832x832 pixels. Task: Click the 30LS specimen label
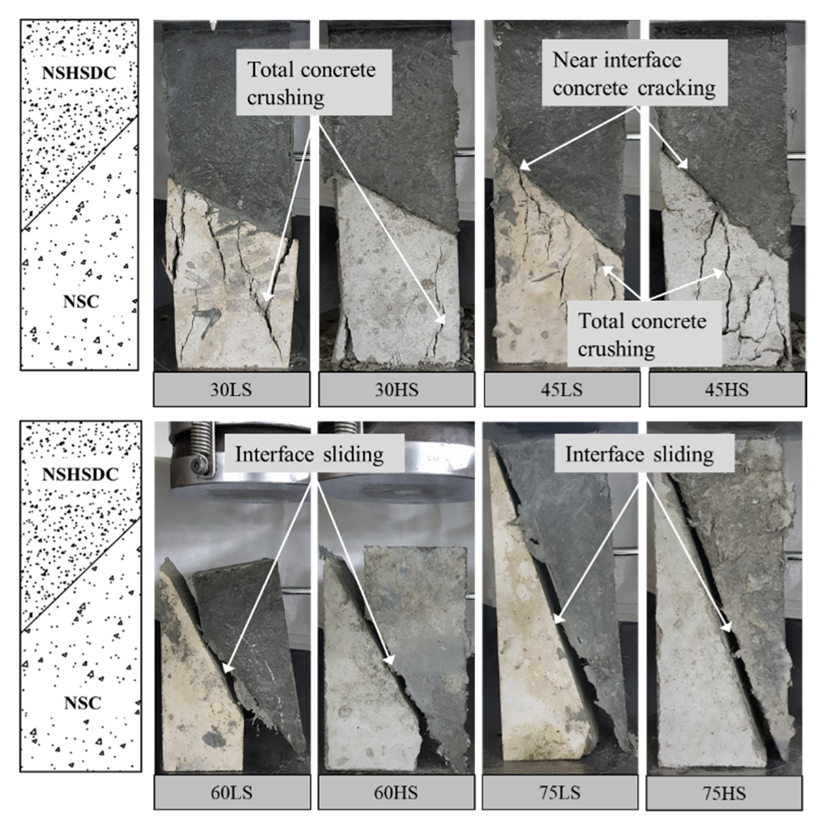(232, 390)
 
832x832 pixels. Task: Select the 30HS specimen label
(397, 390)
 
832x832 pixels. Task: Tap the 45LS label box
(561, 390)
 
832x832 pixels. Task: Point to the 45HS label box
(727, 390)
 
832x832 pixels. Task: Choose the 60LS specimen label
(232, 792)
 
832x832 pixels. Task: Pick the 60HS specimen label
(396, 792)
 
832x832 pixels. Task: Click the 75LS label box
(560, 792)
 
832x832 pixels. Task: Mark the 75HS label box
(724, 794)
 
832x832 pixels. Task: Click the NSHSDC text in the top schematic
(78, 73)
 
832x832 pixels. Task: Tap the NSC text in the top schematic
(81, 301)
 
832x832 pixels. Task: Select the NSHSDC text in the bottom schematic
(80, 474)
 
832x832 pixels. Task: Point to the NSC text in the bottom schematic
(82, 703)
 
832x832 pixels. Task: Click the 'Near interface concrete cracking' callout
(634, 74)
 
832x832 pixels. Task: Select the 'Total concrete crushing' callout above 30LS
(314, 83)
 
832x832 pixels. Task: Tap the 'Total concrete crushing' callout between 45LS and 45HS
(644, 334)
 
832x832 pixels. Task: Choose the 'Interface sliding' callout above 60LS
(310, 454)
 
